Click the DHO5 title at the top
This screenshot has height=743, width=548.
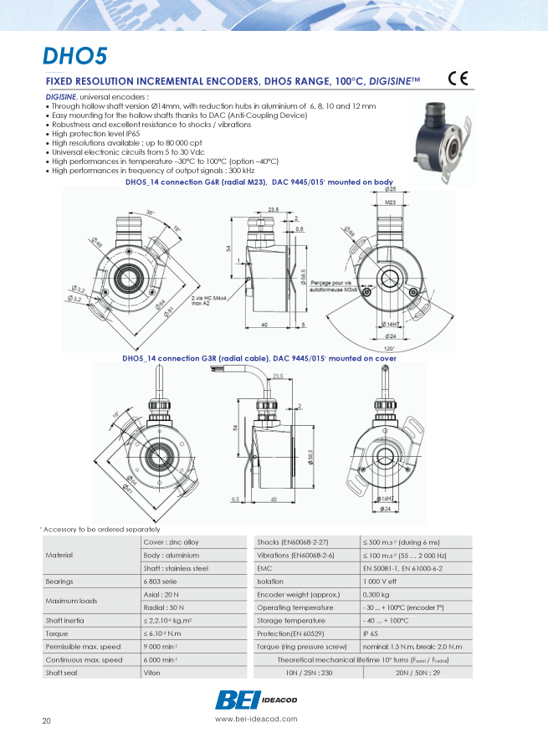(x=75, y=56)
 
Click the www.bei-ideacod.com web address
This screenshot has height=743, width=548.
(x=256, y=719)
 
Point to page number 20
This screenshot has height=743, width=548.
(x=47, y=721)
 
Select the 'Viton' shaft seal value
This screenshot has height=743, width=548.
(x=152, y=673)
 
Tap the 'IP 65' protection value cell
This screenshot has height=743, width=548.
(x=371, y=633)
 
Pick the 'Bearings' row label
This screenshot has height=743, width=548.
(x=59, y=581)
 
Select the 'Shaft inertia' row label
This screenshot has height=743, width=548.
(x=64, y=620)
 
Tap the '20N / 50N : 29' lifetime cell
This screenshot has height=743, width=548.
(x=417, y=673)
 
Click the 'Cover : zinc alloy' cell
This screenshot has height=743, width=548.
(x=172, y=542)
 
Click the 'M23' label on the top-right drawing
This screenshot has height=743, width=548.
(x=390, y=202)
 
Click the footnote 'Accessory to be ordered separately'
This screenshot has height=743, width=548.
(x=100, y=529)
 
